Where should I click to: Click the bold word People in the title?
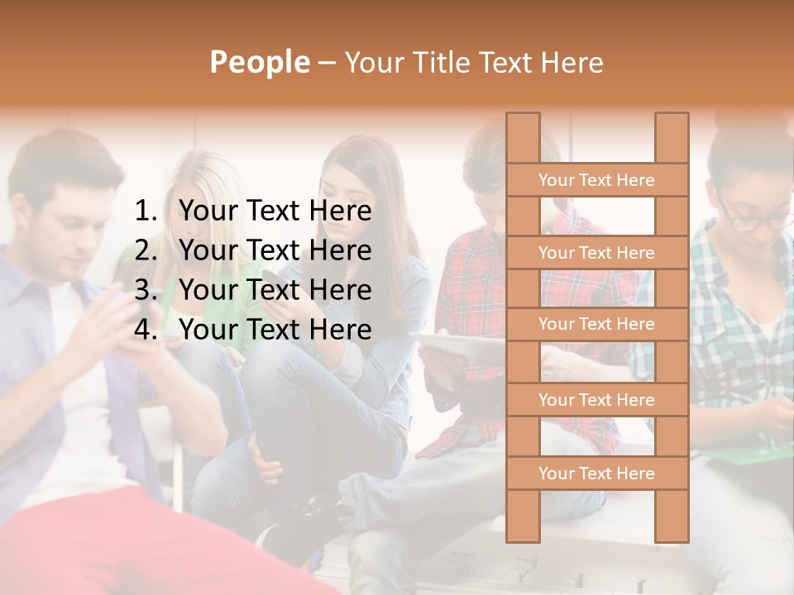pos(259,62)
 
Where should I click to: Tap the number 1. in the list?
pos(146,212)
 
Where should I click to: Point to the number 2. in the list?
pos(146,250)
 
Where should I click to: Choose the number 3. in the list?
pos(146,290)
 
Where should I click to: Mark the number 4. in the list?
pos(146,330)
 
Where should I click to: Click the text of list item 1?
pos(275,212)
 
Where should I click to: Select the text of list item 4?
pos(275,330)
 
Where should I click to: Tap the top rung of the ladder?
pos(596,180)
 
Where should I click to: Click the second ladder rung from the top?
pos(596,253)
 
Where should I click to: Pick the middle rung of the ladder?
pos(596,324)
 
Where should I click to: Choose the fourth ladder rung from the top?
pos(596,400)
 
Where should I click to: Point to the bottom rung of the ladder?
pos(596,474)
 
